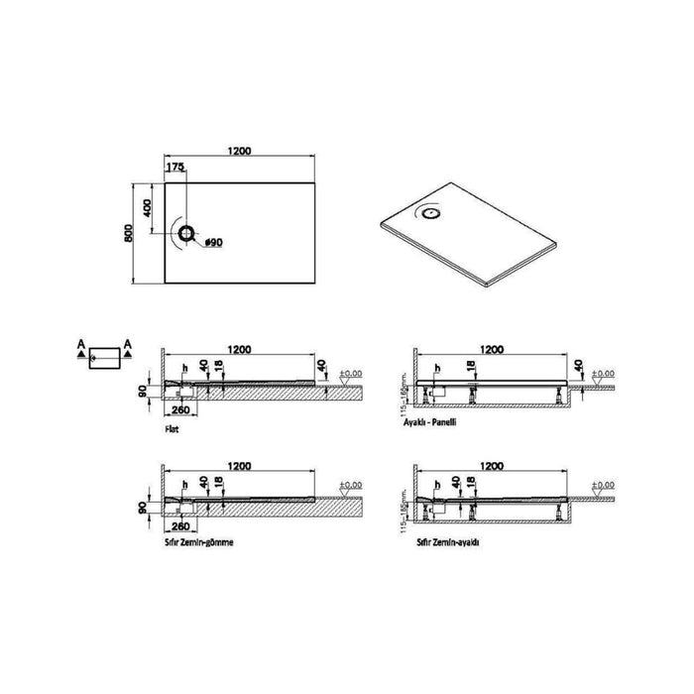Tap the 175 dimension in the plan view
click(174, 169)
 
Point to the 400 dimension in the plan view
click(148, 208)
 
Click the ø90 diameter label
click(213, 241)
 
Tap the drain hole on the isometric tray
click(432, 209)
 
